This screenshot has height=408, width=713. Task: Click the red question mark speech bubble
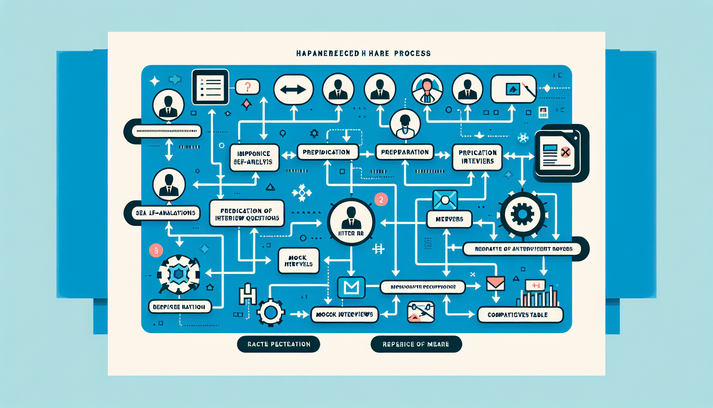pos(247,86)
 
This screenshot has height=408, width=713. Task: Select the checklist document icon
pos(210,87)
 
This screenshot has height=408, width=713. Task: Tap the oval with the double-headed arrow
pos(293,90)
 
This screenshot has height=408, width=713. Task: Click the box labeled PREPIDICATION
pos(327,152)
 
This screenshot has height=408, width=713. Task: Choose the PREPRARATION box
pos(405,152)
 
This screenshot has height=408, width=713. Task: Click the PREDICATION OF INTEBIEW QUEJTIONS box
pos(247,214)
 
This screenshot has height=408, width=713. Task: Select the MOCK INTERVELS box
pos(298,261)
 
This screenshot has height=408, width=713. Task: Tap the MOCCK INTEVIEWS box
pos(344,314)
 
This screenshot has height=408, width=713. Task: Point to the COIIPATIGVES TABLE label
pos(520,315)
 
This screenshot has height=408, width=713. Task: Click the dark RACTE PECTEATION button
pos(279,344)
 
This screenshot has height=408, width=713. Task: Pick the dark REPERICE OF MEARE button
pos(416,344)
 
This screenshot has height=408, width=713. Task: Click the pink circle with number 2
pos(381,200)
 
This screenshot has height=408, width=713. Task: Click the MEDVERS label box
pos(449,219)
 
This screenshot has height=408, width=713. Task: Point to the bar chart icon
pos(538,295)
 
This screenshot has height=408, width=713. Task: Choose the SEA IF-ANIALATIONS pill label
pos(166,213)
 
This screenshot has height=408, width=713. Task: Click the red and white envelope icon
pos(495,284)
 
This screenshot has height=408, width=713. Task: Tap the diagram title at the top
pos(363,53)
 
